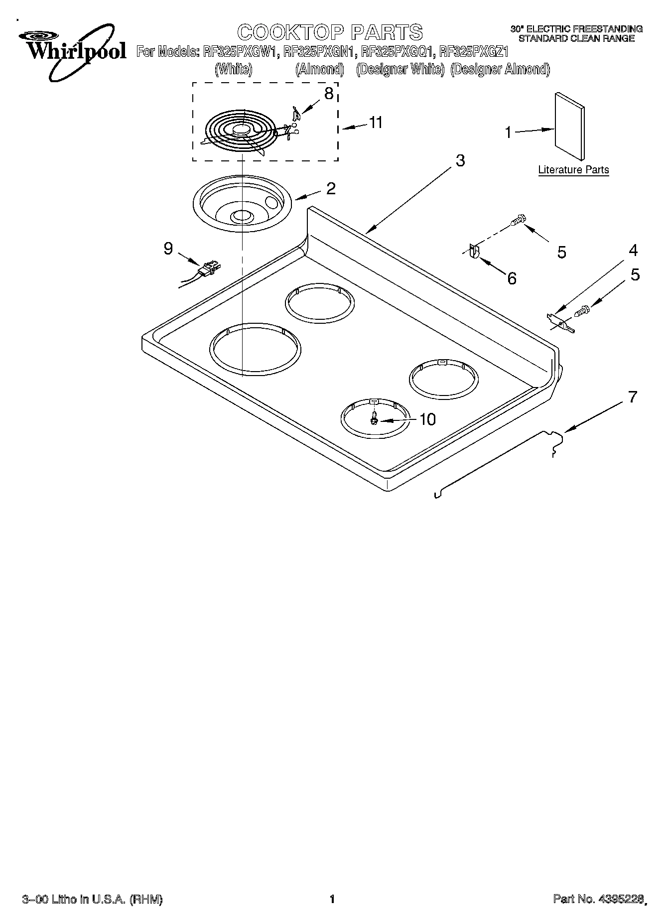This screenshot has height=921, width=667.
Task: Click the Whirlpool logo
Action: pos(70,52)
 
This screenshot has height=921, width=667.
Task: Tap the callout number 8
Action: pos(328,94)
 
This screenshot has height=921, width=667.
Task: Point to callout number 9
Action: pos(168,248)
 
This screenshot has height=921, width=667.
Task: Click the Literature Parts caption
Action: pos(573,170)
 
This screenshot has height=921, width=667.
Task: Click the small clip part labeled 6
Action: pos(473,252)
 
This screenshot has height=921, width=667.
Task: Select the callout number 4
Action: pos(633,250)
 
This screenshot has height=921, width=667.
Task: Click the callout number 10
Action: pos(427,419)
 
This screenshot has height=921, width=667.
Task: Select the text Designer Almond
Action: pos(500,70)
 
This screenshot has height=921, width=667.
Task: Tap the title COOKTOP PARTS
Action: pos(330,32)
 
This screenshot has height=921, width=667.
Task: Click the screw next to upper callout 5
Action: pos(518,220)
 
